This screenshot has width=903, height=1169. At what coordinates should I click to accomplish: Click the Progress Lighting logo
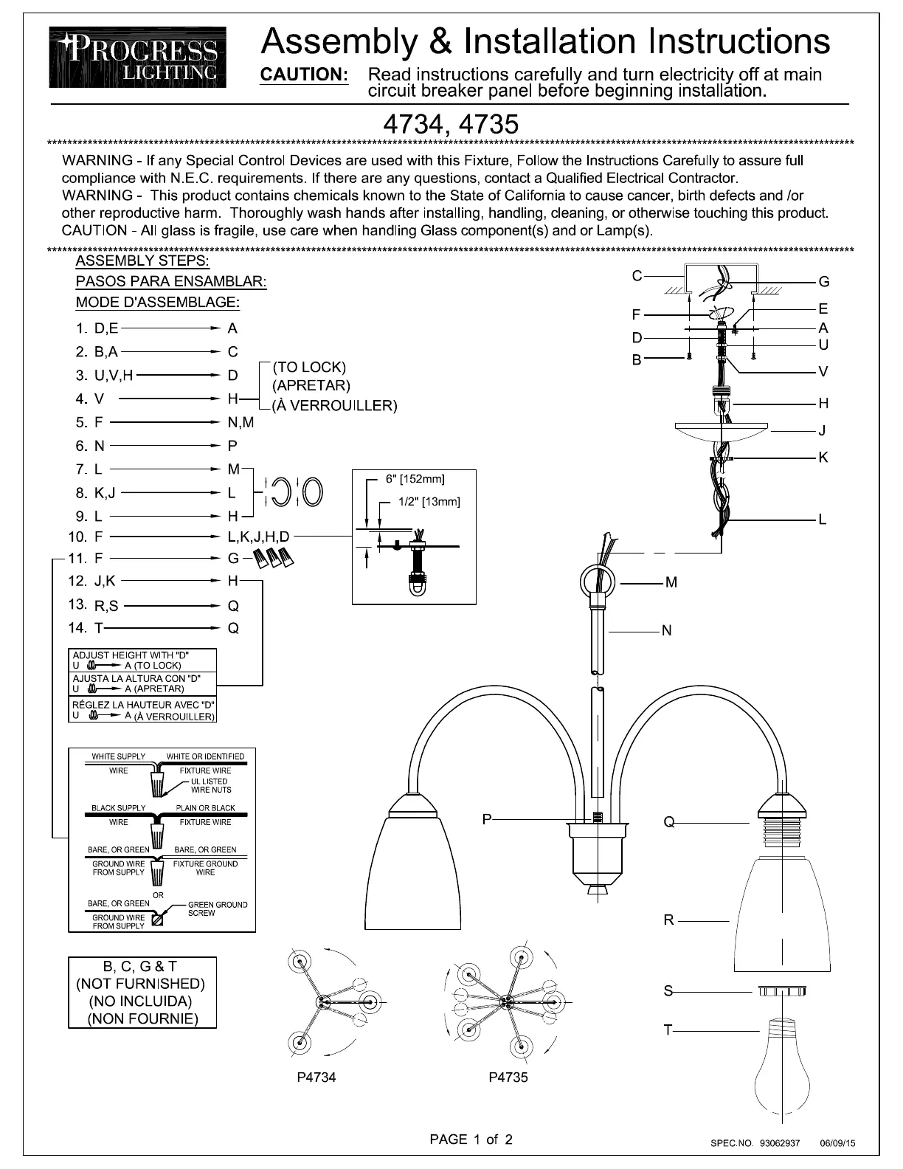tap(138, 57)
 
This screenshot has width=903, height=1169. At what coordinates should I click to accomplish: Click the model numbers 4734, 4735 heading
tap(451, 123)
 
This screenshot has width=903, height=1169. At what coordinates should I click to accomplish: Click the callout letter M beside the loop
tap(671, 582)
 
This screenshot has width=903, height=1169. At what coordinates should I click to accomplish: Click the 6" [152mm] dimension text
tap(415, 479)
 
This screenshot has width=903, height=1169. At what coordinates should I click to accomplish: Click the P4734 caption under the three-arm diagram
tap(316, 1077)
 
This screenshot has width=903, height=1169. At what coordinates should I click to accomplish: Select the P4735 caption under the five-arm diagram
tap(508, 1077)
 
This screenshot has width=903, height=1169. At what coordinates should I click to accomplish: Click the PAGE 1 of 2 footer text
tap(471, 1139)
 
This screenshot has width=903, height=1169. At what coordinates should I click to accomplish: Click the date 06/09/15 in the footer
tap(837, 1143)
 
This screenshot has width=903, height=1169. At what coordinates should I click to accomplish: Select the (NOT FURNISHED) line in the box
tap(142, 984)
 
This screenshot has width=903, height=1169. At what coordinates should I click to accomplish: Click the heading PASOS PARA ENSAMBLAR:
tap(171, 281)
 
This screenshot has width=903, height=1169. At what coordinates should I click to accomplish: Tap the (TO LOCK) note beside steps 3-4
tap(309, 367)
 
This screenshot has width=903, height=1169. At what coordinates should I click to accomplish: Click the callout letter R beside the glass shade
tap(668, 920)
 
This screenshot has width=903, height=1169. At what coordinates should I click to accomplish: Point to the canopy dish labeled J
tap(722, 430)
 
